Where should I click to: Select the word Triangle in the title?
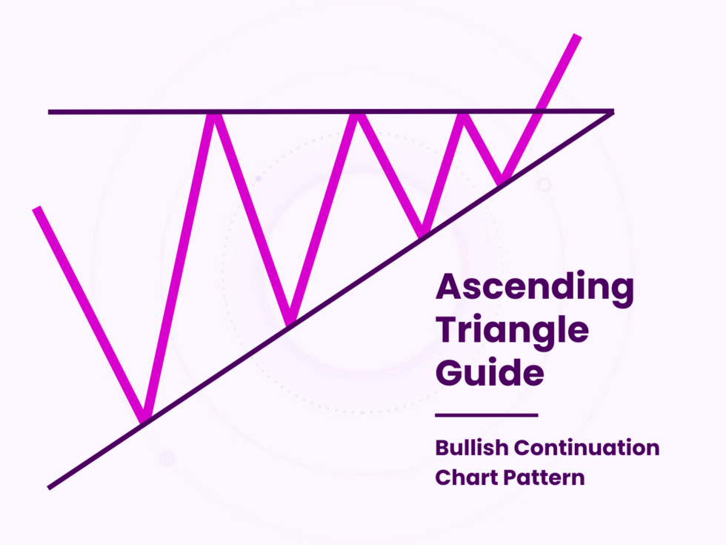tap(512, 330)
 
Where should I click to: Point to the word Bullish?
tap(471, 448)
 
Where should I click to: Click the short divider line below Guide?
tap(486, 415)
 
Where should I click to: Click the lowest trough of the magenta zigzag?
tap(146, 419)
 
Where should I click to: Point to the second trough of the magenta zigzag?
tap(290, 320)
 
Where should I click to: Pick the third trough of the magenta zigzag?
tap(421, 232)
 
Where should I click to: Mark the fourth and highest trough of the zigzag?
tap(503, 179)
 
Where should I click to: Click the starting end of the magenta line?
tap(36, 209)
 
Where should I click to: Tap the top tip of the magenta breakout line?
tap(576, 36)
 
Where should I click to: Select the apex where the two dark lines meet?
tap(612, 112)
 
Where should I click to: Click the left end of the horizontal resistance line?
tap(50, 112)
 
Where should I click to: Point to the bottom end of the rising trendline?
tap(50, 487)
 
